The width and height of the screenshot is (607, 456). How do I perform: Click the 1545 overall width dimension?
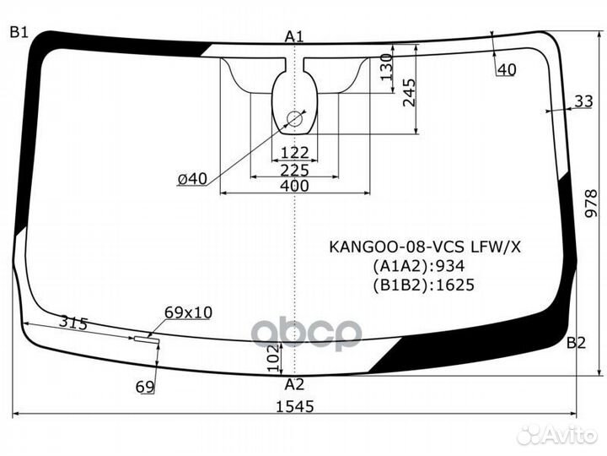click(294, 406)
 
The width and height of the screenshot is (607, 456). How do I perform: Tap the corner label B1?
click(19, 32)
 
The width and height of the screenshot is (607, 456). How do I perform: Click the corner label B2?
click(575, 343)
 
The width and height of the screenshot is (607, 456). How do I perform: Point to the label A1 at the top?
click(294, 35)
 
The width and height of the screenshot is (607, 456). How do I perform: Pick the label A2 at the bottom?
click(294, 384)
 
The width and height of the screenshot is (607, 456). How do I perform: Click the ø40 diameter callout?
click(192, 178)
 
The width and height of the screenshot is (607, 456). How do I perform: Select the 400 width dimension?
click(294, 187)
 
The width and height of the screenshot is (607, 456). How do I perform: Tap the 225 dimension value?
click(294, 170)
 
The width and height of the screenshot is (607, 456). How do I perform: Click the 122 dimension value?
click(294, 153)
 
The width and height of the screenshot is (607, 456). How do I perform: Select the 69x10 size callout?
click(187, 312)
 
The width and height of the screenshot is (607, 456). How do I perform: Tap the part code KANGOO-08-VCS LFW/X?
click(425, 247)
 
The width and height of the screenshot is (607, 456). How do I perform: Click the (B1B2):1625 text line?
click(422, 285)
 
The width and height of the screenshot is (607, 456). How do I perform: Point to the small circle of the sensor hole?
click(294, 119)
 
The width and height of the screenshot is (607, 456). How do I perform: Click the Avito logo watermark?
click(557, 435)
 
